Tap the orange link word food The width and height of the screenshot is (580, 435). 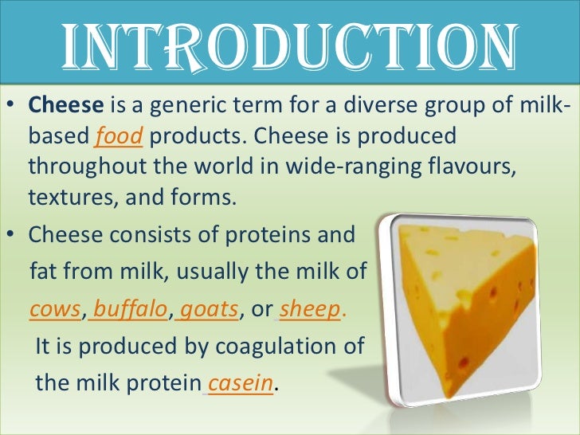tap(119, 137)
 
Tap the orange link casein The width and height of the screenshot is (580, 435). tap(241, 383)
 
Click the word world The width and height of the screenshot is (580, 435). tap(205, 168)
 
